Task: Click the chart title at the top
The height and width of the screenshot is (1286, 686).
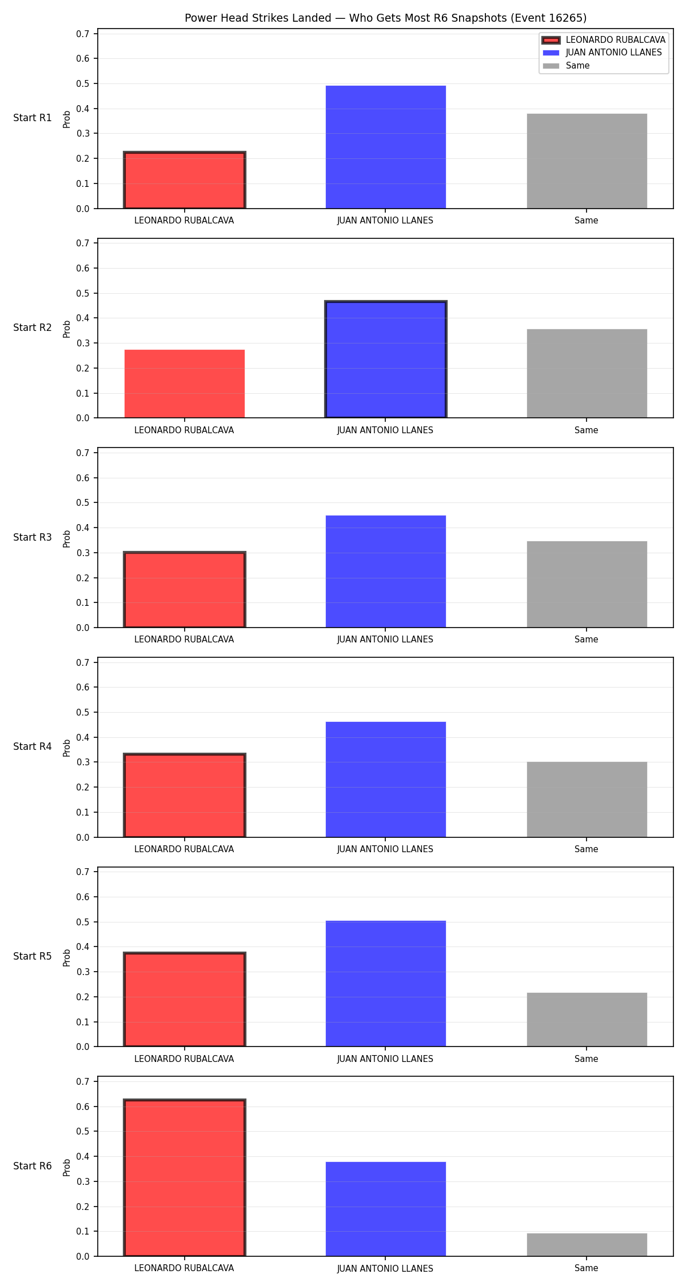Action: point(385,18)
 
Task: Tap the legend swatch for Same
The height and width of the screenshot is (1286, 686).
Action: point(551,66)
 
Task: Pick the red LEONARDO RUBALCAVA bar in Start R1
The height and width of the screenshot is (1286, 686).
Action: point(185,180)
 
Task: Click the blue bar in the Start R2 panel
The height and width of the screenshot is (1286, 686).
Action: point(386,360)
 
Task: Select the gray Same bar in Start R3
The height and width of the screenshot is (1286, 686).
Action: point(587,584)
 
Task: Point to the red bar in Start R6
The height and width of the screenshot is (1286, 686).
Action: point(185,1178)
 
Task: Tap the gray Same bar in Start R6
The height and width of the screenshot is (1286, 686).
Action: point(587,1245)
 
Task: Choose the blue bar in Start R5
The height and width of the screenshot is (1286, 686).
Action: point(386,984)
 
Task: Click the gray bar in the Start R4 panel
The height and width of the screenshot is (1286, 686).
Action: point(587,800)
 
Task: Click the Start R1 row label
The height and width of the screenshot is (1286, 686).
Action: point(33,118)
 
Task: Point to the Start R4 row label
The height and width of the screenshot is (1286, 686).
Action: point(33,746)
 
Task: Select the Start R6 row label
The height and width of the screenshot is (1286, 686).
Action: point(33,1166)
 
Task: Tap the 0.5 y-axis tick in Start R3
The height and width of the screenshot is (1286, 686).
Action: point(83,503)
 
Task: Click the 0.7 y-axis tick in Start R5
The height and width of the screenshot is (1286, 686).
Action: point(83,872)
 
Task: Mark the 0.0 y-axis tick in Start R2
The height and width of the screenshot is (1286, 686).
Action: point(83,418)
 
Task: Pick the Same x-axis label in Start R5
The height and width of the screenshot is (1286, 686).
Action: point(587,1059)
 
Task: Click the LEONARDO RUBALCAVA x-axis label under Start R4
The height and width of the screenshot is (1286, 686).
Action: point(184,849)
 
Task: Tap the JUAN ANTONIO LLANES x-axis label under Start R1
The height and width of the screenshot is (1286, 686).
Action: point(385,220)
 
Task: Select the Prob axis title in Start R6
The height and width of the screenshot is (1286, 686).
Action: point(67,1167)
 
